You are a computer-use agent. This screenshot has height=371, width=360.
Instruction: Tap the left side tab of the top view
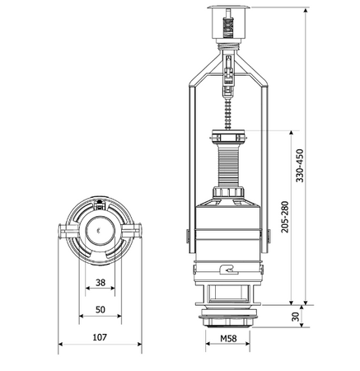[x=64, y=232]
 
